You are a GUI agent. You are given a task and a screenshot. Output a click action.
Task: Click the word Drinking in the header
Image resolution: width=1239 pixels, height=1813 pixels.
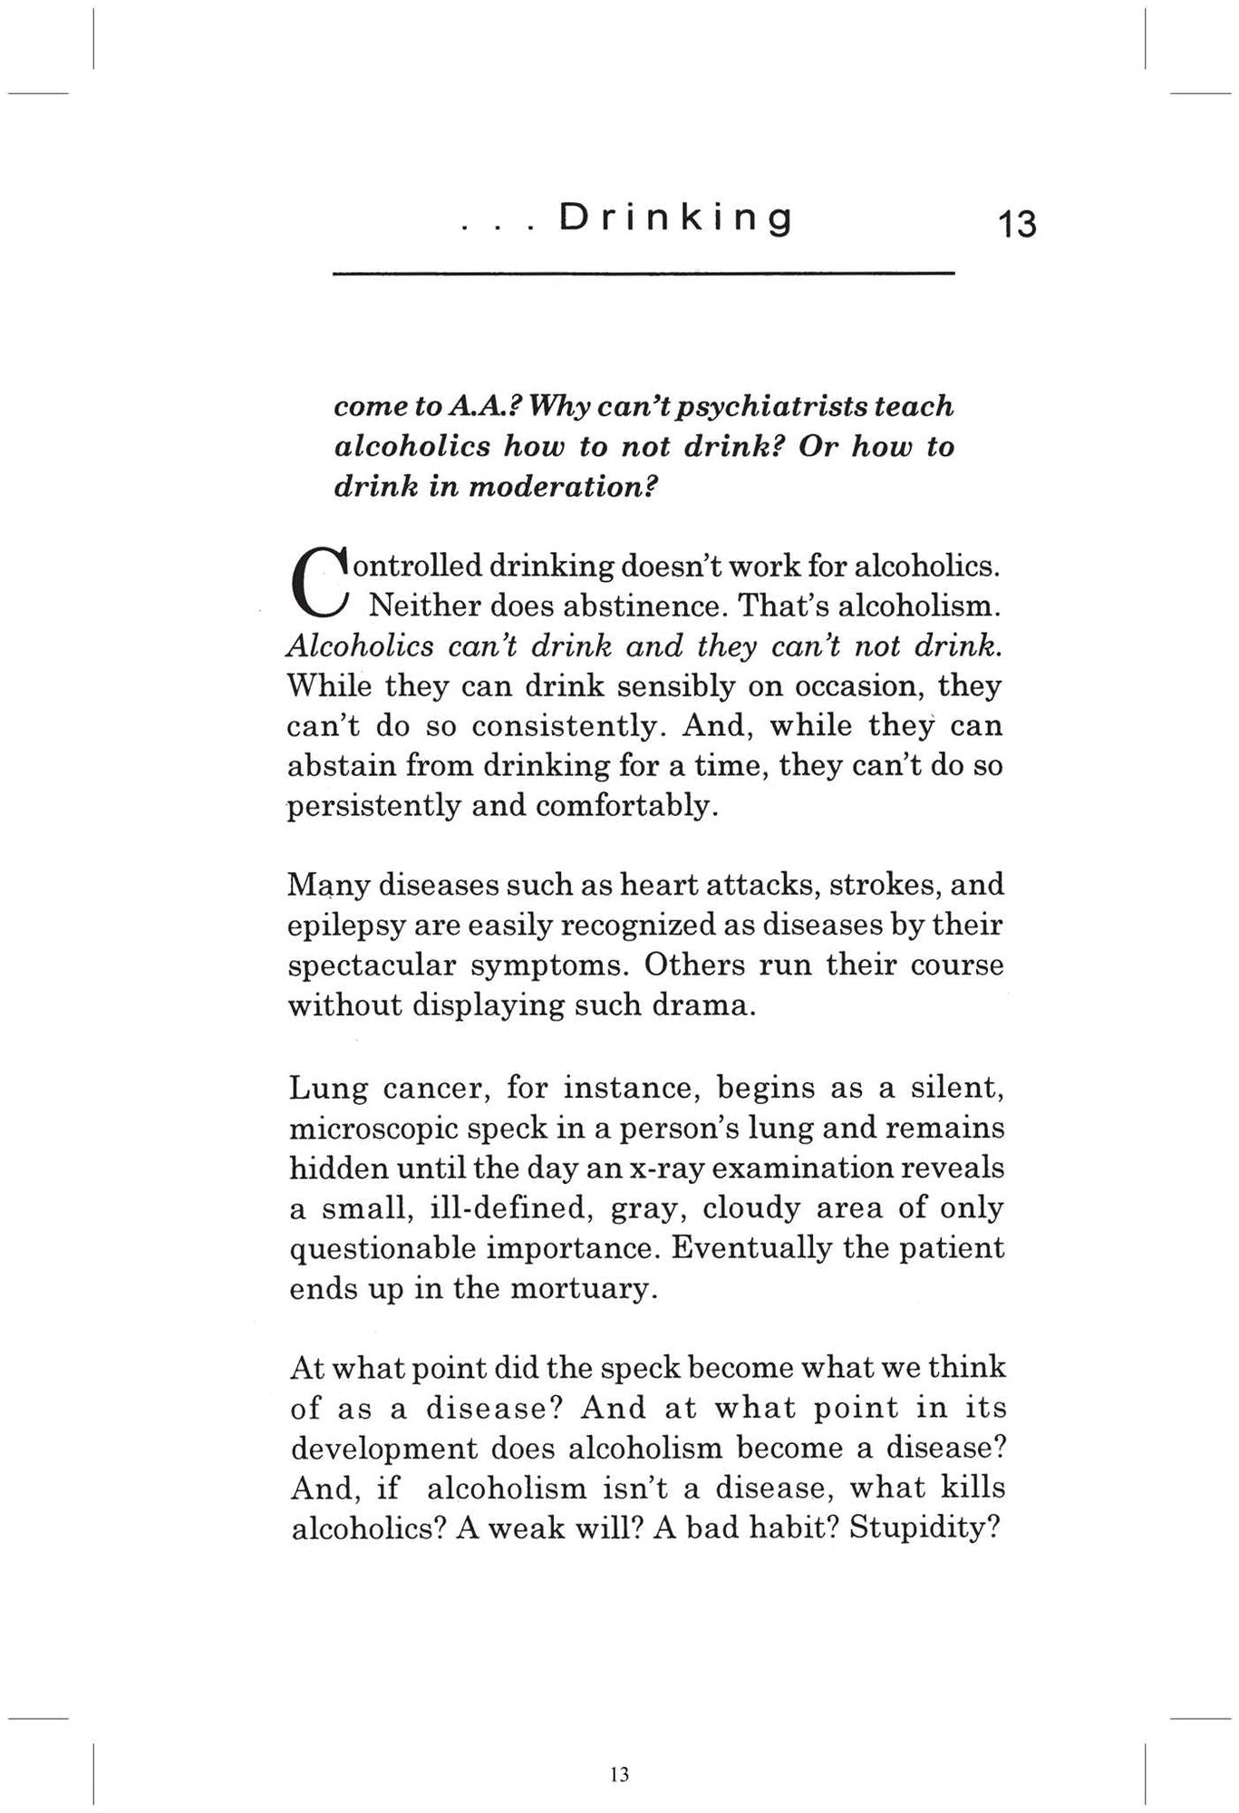[x=676, y=219]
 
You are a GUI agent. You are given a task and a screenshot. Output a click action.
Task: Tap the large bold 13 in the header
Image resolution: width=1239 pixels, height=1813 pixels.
[x=1017, y=224]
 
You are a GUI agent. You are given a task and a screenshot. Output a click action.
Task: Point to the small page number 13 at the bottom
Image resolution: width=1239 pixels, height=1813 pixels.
[x=620, y=1774]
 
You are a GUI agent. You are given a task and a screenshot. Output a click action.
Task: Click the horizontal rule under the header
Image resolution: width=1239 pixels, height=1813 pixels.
[x=644, y=273]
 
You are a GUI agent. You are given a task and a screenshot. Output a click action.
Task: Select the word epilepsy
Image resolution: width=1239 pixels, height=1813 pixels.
[x=345, y=926]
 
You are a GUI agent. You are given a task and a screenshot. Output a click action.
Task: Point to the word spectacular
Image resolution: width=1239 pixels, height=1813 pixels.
[x=372, y=965]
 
